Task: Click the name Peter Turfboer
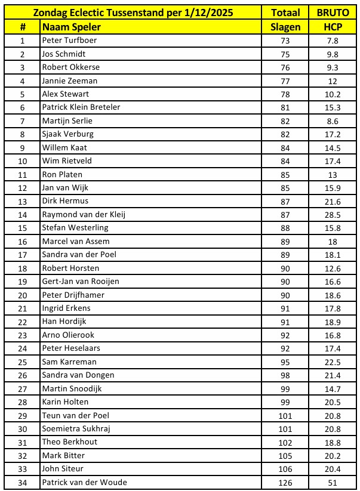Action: tap(69, 41)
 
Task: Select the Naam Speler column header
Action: tap(71, 27)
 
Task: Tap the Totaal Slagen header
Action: tap(285, 20)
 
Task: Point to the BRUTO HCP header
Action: tap(333, 20)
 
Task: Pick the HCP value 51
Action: tap(333, 482)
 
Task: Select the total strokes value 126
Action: tap(285, 482)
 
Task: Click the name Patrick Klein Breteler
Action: tap(81, 107)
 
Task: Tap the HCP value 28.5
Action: tap(333, 215)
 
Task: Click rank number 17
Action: tap(23, 255)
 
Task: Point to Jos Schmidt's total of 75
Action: tap(285, 54)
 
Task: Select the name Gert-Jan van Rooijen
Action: tap(80, 282)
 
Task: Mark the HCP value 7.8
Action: tap(333, 41)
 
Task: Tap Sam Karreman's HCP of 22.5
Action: tap(333, 362)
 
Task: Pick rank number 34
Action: tap(23, 482)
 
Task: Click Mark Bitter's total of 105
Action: tap(285, 455)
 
